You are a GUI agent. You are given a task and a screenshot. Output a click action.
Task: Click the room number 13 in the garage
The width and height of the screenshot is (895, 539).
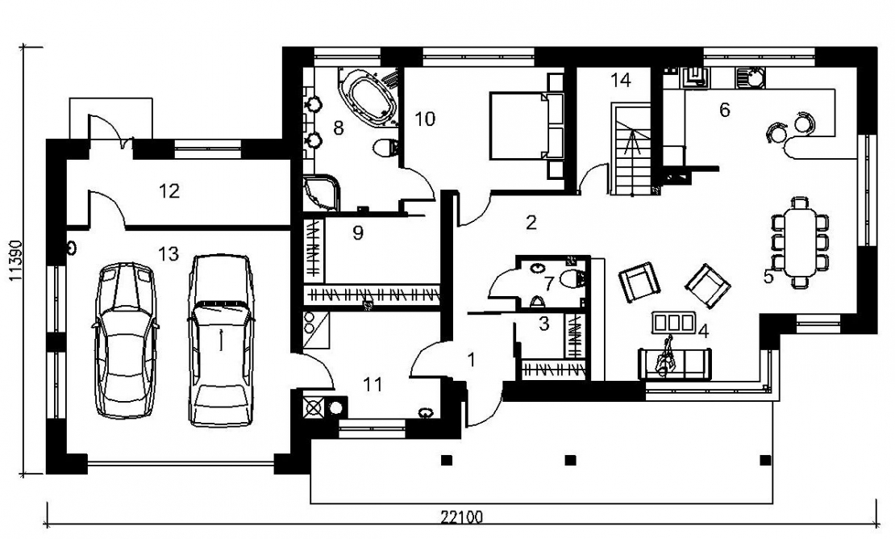coord(169,253)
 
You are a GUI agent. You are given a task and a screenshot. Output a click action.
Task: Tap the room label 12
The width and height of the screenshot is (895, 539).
coord(169,190)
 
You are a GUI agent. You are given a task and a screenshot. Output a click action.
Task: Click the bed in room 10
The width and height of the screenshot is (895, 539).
coord(526,125)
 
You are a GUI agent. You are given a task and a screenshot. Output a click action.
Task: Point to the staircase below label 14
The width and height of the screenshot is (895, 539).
coord(631,149)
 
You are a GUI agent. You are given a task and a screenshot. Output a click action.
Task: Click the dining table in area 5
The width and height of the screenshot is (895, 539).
coord(800,242)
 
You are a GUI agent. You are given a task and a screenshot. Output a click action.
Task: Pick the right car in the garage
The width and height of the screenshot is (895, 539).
coord(220,341)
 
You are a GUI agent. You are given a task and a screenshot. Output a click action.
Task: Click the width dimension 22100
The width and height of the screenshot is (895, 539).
coord(461,517)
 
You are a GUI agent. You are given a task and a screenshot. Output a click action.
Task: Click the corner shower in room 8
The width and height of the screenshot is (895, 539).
coord(322,192)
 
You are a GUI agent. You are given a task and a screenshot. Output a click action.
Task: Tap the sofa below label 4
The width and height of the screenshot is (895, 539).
coord(675,363)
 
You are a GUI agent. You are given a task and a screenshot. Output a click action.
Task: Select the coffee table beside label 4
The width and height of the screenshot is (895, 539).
coord(673,323)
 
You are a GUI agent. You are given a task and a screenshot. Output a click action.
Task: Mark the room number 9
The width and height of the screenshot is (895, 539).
coord(358,233)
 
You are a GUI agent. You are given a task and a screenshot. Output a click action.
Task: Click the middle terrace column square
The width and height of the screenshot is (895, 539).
coord(570,460)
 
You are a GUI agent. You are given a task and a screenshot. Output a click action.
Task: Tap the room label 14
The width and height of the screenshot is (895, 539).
coord(620,80)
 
